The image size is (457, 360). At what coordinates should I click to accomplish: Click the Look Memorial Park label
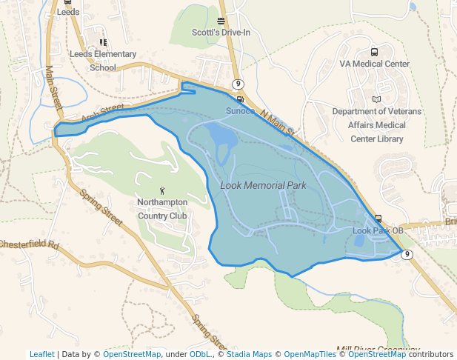pos(263,184)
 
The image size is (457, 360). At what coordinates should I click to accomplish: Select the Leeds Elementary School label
pos(103,61)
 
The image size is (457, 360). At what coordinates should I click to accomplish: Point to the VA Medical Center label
pos(374,64)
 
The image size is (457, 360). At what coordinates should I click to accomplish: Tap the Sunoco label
pos(240,111)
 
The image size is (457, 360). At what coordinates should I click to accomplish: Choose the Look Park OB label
pos(378,230)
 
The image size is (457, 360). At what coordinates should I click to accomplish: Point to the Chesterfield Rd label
pos(29,244)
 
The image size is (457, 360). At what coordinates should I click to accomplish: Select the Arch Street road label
pos(101,112)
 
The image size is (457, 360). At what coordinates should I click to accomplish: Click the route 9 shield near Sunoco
pos(237,84)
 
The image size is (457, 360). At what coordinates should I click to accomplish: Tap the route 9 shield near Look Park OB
pos(407,254)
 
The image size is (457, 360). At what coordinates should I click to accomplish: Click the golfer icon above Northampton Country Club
pos(163,190)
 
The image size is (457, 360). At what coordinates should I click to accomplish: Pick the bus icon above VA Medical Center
pos(374,52)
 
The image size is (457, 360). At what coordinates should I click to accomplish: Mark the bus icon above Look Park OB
pos(378,219)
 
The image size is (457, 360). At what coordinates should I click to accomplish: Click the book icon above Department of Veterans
pos(376,99)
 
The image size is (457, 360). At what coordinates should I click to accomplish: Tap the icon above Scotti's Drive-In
pos(221,21)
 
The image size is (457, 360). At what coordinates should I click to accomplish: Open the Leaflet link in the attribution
pos(41,354)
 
